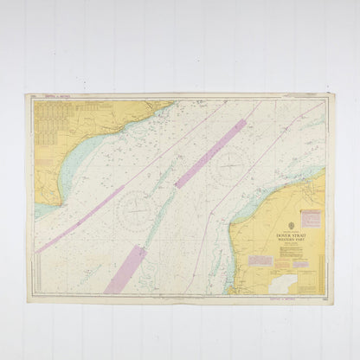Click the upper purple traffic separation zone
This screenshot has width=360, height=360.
[210, 153]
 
